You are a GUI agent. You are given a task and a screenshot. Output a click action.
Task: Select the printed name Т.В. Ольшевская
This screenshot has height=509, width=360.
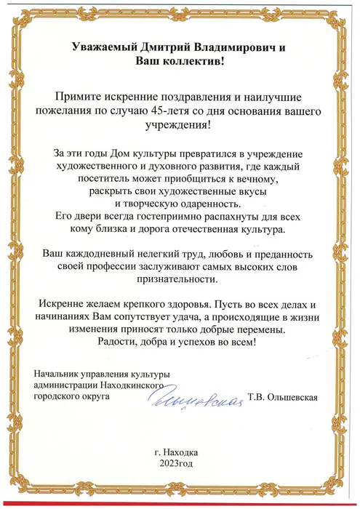pyautogui.click(x=284, y=398)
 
